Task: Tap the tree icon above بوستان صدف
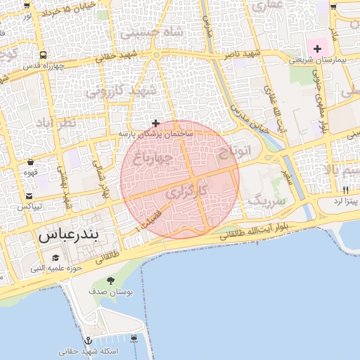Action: pyautogui.click(x=110, y=281)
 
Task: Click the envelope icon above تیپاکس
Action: pyautogui.click(x=30, y=196)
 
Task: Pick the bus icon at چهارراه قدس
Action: pyautogui.click(x=44, y=55)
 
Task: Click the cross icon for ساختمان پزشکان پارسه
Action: pyautogui.click(x=156, y=123)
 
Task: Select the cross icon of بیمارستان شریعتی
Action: pyautogui.click(x=318, y=49)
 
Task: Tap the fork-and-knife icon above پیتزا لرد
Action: pyautogui.click(x=345, y=190)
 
